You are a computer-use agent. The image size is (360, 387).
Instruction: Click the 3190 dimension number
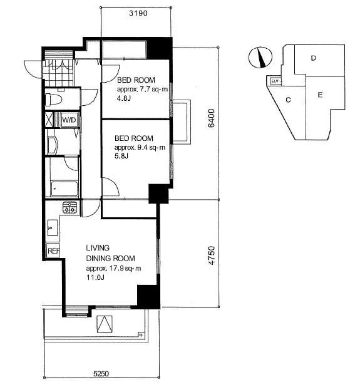click(x=138, y=13)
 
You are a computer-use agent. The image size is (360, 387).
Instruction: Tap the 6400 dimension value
click(x=211, y=118)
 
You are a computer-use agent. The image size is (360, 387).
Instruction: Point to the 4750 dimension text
click(x=211, y=255)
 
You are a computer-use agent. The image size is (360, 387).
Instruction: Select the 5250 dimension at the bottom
click(x=101, y=373)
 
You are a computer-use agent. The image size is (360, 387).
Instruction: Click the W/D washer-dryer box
click(x=69, y=120)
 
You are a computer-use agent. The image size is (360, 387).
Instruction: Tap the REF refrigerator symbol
click(x=53, y=250)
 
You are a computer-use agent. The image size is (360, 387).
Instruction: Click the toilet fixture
click(x=54, y=99)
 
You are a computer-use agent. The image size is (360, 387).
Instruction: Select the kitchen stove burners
click(x=70, y=207)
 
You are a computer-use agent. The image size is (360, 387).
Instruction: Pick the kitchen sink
click(x=53, y=227)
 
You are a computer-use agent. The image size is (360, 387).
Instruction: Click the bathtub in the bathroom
click(x=64, y=189)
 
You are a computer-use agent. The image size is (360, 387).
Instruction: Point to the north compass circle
click(x=260, y=58)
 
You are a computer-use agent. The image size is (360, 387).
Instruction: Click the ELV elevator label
click(x=275, y=81)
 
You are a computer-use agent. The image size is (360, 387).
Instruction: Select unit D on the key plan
click(x=313, y=58)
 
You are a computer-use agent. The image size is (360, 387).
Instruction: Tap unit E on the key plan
click(x=320, y=95)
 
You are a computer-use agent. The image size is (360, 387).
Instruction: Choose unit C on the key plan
click(x=288, y=100)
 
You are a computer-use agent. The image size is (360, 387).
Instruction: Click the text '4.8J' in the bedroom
click(x=124, y=98)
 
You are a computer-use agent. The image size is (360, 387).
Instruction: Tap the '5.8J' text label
click(x=121, y=156)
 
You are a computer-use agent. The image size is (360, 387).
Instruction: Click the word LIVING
click(x=98, y=248)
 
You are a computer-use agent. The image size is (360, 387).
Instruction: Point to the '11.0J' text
click(x=95, y=277)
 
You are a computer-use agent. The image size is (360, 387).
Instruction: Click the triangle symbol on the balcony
click(x=105, y=324)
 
